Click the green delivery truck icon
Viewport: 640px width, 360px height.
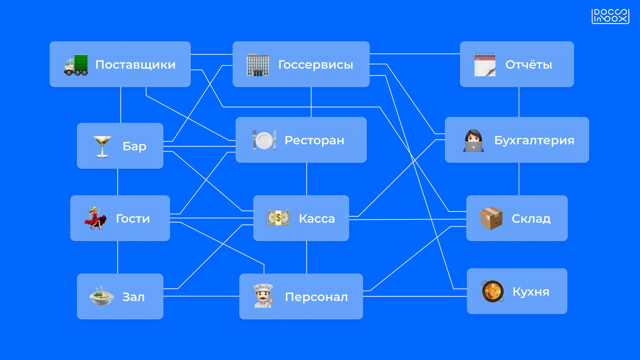click(x=76, y=65)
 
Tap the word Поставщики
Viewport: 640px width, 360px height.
click(x=135, y=65)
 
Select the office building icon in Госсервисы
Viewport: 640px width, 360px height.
click(x=258, y=65)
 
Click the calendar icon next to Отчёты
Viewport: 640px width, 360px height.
click(x=485, y=65)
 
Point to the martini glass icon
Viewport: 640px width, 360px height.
click(x=102, y=146)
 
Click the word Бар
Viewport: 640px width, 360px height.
click(x=134, y=146)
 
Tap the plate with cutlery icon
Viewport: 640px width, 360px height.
click(x=264, y=140)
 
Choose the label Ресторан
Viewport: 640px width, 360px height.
click(x=314, y=141)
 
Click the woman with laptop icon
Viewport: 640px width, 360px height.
click(x=474, y=141)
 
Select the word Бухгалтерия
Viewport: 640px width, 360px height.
click(x=534, y=141)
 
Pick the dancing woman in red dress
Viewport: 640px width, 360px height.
click(x=95, y=218)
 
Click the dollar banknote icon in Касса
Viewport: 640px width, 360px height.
click(x=278, y=218)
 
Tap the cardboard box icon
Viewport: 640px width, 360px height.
click(x=491, y=218)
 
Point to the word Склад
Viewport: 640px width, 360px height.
click(x=531, y=219)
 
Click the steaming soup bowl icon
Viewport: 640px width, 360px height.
click(x=101, y=296)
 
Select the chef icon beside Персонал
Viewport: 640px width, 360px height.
click(x=263, y=296)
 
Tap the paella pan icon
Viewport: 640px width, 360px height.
click(x=493, y=291)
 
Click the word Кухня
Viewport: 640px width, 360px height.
click(x=531, y=292)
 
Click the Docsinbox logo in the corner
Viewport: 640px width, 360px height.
click(x=610, y=16)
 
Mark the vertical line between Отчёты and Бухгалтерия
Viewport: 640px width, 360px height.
click(x=519, y=102)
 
